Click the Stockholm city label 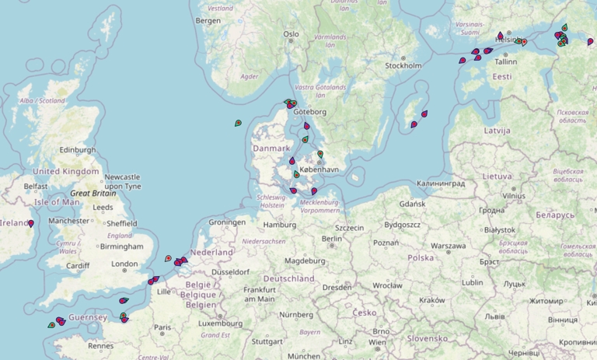pyautogui.click(x=403, y=65)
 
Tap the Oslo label pyautogui.click(x=291, y=34)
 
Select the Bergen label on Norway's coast pyautogui.click(x=208, y=21)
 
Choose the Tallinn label pyautogui.click(x=505, y=61)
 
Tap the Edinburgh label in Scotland pyautogui.click(x=78, y=150)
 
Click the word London pyautogui.click(x=124, y=264)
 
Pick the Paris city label pyautogui.click(x=162, y=327)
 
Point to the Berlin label pyautogui.click(x=333, y=239)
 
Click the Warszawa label pyautogui.click(x=449, y=246)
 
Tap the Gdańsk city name pyautogui.click(x=412, y=204)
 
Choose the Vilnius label pyautogui.click(x=513, y=197)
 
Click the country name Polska pyautogui.click(x=421, y=257)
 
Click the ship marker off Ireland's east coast pyautogui.click(x=31, y=224)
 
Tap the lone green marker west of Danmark pyautogui.click(x=238, y=123)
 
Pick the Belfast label pyautogui.click(x=37, y=187)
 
